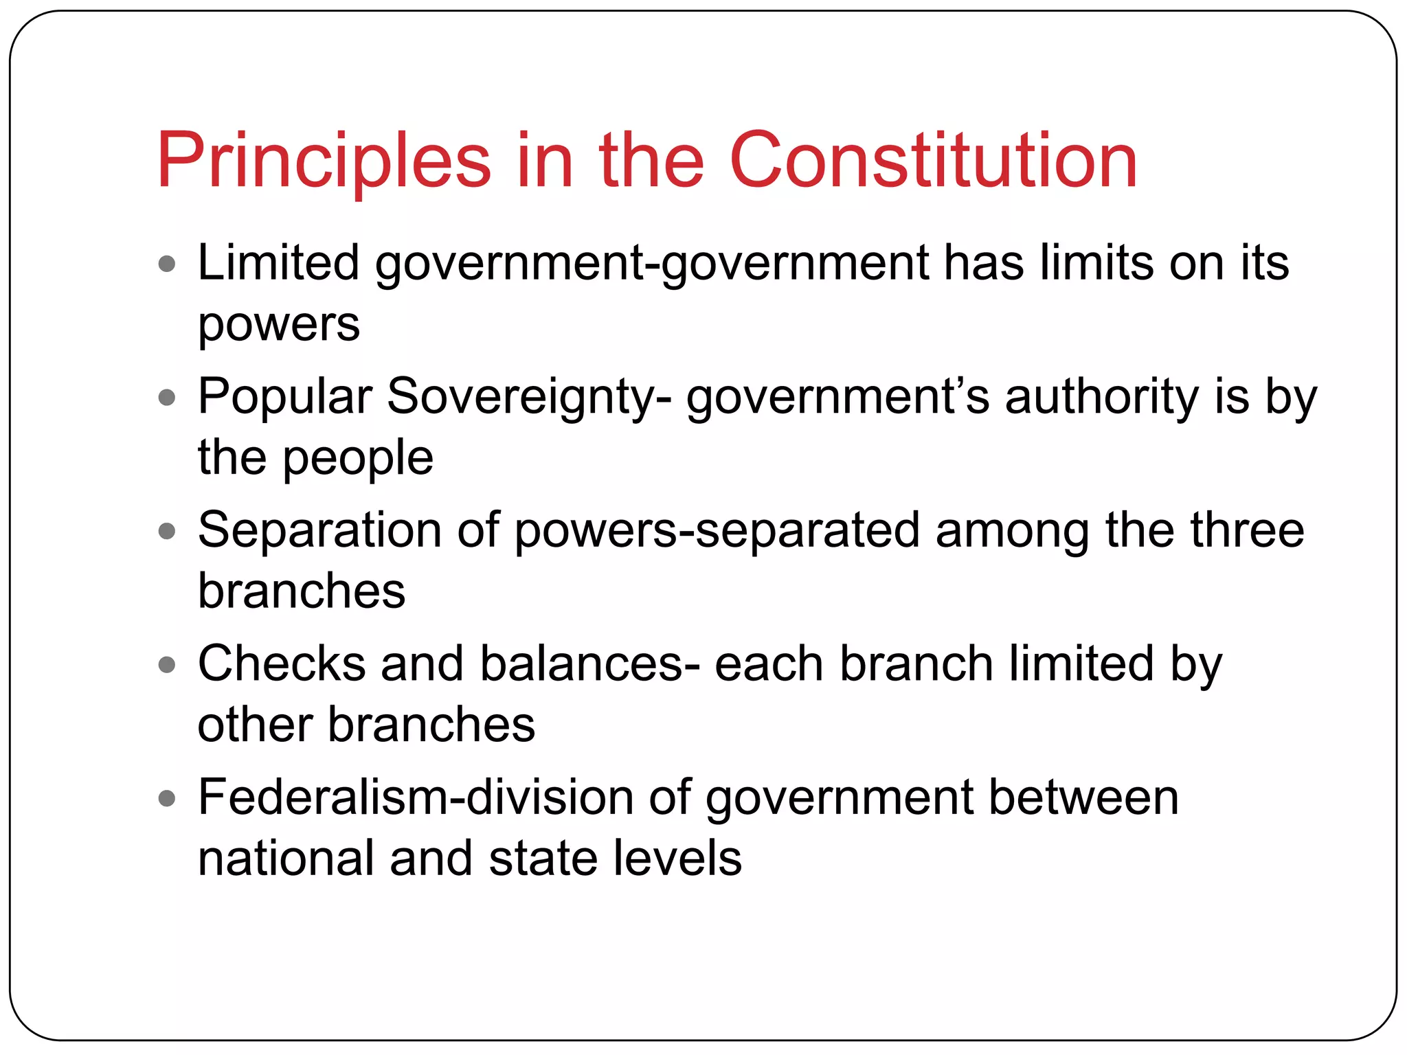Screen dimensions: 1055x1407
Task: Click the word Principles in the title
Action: tap(324, 162)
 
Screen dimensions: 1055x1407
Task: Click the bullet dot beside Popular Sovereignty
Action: tap(167, 397)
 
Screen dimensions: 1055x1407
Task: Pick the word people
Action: tap(358, 458)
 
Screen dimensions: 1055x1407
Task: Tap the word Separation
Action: tap(319, 530)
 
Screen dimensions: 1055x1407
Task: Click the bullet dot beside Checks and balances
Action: tap(167, 664)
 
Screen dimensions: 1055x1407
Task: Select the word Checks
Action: tap(282, 664)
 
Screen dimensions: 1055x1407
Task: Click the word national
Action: tap(285, 859)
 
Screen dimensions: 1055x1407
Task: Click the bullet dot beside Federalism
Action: tap(167, 798)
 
